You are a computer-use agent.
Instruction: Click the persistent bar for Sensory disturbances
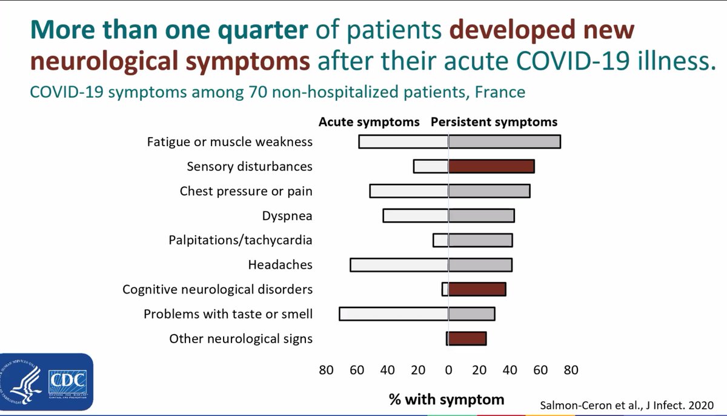(491, 167)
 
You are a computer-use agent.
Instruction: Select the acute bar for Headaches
(399, 265)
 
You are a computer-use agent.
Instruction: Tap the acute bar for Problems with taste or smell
(394, 314)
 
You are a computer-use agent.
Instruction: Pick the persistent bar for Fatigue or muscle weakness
(504, 142)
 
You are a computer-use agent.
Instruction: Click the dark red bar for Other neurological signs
(467, 338)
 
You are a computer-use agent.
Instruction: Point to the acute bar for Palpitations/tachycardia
(440, 240)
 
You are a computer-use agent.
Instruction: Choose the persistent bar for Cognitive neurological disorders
(477, 289)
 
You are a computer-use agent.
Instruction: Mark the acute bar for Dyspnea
(416, 216)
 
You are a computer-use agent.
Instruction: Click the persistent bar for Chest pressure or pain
(490, 191)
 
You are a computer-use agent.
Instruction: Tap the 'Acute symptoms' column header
(369, 122)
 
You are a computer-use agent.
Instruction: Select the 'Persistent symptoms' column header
(494, 122)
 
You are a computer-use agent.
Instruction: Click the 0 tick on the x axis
(448, 370)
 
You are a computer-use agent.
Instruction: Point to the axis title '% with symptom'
(446, 399)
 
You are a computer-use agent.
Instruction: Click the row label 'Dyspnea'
(287, 216)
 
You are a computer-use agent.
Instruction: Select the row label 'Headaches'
(280, 265)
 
